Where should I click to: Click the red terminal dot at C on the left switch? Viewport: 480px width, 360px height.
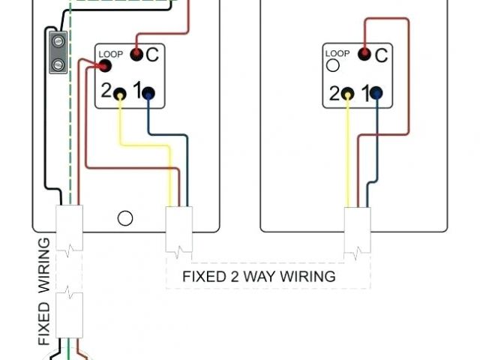coord(136,54)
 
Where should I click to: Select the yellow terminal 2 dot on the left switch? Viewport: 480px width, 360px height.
coord(121,94)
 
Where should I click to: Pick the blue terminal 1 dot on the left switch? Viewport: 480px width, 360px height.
coord(148,94)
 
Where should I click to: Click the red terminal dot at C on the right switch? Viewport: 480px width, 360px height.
coord(364,54)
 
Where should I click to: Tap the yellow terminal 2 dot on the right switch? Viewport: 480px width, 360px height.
coord(348,94)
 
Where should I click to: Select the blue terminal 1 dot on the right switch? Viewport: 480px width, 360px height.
coord(376,94)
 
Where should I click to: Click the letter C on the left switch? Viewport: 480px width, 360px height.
coord(152,54)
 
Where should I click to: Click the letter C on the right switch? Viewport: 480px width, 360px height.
coord(380,54)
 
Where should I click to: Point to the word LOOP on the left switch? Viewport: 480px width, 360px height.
coord(110,54)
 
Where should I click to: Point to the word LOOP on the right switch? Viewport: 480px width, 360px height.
coord(337,54)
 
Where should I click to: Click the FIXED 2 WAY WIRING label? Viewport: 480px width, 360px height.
coord(259,276)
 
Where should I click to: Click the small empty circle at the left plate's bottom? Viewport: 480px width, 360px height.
coord(126,218)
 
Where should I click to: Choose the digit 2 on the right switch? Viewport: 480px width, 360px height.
coord(334,94)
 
